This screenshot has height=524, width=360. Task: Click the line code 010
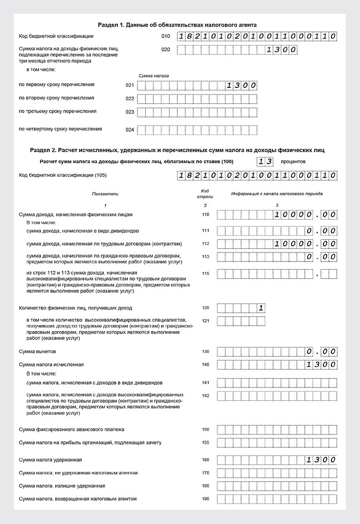(x=165, y=37)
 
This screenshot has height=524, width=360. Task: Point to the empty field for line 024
(x=197, y=129)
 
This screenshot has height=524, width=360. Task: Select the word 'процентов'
(x=293, y=162)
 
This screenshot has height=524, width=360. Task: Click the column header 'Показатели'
(x=105, y=194)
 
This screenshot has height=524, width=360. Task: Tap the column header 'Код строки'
(x=205, y=194)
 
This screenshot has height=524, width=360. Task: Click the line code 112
(x=205, y=244)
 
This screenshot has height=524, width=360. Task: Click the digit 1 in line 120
(x=261, y=308)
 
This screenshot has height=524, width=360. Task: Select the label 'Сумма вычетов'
(x=38, y=351)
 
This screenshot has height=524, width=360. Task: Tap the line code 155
(x=205, y=443)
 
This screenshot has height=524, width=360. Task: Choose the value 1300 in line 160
(x=322, y=460)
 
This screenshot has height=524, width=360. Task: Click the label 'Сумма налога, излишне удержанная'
(x=62, y=486)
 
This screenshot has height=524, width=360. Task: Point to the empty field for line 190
(x=277, y=499)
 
